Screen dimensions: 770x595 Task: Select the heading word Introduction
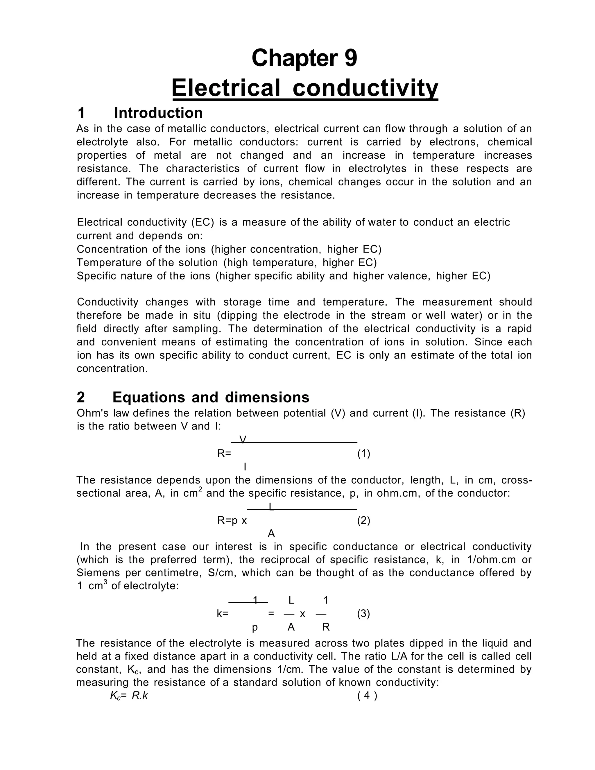[158, 113]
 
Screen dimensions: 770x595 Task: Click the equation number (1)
[363, 453]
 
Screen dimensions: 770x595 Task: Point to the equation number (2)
[363, 520]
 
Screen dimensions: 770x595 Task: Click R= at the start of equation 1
[224, 453]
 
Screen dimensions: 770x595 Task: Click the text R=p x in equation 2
[232, 520]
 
